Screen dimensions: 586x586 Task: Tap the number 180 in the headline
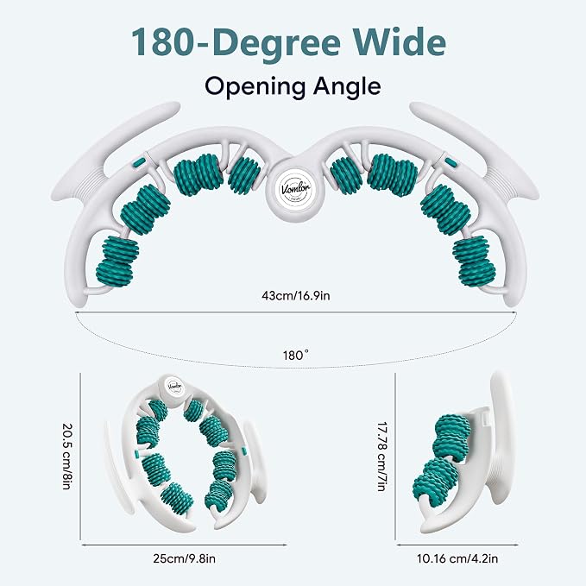click(165, 42)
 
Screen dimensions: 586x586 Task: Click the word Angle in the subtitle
click(347, 87)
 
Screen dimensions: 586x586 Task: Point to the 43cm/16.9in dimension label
click(296, 296)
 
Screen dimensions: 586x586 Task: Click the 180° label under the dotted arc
click(296, 355)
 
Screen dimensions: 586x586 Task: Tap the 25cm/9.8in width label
click(184, 558)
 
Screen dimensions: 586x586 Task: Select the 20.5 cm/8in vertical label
click(67, 456)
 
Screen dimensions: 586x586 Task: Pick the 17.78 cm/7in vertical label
click(381, 457)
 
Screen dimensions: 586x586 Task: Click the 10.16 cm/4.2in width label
click(457, 558)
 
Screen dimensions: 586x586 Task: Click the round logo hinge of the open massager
click(295, 190)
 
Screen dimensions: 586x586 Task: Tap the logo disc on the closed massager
click(174, 386)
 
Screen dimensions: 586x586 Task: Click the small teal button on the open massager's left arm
click(139, 162)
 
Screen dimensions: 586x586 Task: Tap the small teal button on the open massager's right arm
click(451, 162)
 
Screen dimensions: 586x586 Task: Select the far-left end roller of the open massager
click(117, 261)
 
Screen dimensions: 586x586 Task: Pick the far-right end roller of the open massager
click(474, 261)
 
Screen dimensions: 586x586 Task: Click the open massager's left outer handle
click(112, 149)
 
